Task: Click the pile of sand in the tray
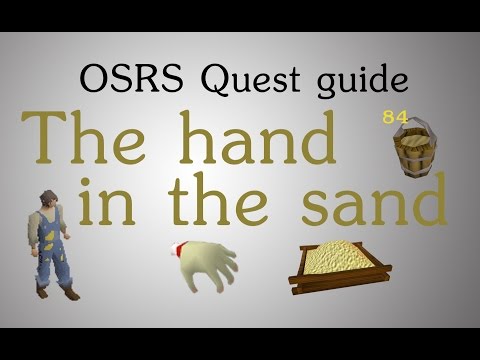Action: pos(345,255)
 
